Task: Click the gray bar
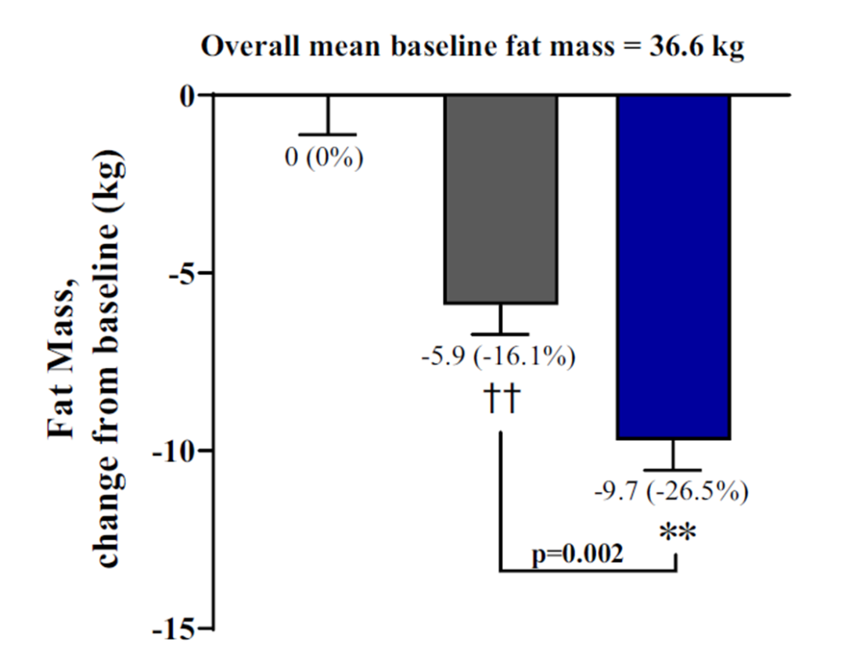tap(501, 199)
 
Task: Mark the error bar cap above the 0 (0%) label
tap(327, 134)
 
